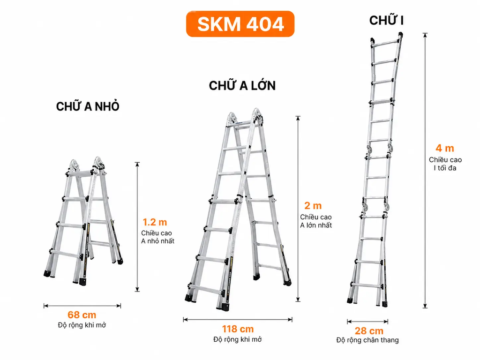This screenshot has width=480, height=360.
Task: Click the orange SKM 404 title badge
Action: pos(240,24)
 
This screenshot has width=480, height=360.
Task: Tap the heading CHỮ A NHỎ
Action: pos(88,106)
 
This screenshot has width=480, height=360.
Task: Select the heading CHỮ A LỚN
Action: pos(242,85)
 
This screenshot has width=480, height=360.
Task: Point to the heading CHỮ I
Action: pos(386,20)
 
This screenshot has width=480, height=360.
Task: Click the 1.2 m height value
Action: pos(155,222)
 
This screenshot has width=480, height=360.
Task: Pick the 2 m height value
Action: pos(313,205)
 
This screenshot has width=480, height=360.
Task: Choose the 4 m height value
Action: pos(445,148)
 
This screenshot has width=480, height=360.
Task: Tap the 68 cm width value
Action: pos(82,315)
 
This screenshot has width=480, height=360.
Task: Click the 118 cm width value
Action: pos(238,329)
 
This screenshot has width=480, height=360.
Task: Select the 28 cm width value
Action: pos(369,331)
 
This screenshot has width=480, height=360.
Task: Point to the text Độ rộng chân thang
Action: pos(367,340)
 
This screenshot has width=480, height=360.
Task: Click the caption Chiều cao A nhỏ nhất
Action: pos(157,237)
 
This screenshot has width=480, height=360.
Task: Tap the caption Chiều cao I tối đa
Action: pos(445,164)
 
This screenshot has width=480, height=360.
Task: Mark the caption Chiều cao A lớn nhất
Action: pos(316,221)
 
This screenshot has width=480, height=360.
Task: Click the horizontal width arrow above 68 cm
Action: pos(82,306)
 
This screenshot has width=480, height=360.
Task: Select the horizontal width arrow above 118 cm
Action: pos(238,320)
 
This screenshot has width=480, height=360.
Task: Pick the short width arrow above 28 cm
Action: pos(367,322)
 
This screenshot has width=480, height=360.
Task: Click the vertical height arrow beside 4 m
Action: pos(425,170)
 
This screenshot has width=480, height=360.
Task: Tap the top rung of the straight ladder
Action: pos(386,43)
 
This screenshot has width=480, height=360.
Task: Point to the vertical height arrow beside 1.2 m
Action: pos(137,227)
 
